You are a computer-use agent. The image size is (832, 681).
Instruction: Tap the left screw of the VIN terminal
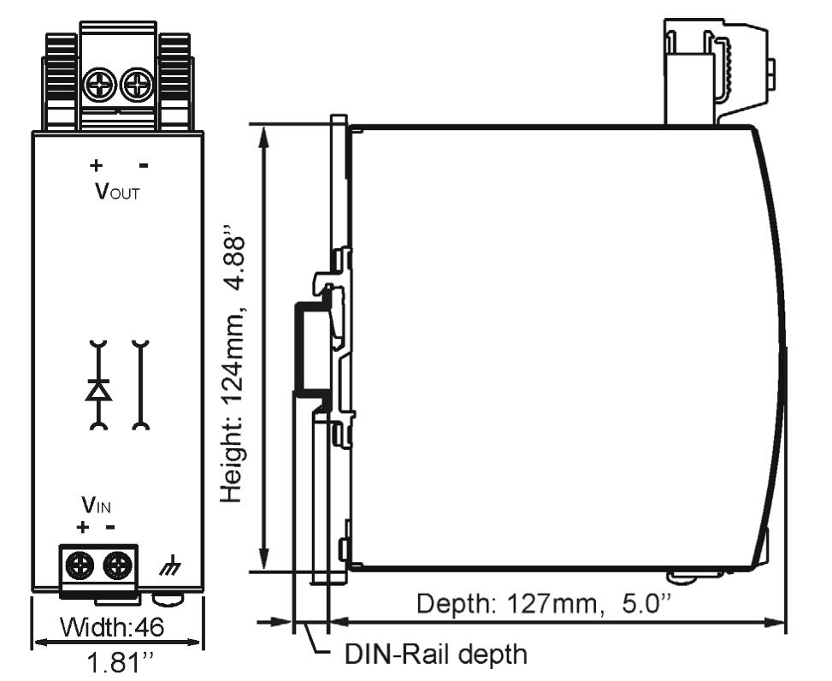tap(81, 565)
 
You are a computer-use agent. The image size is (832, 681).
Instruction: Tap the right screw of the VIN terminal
tap(118, 565)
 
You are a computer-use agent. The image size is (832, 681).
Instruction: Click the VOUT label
tap(117, 190)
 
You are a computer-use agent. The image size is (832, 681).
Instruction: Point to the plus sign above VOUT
tap(96, 164)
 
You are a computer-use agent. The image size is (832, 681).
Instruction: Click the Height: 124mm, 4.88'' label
tap(236, 364)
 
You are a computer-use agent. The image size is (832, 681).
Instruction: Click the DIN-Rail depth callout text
tap(436, 655)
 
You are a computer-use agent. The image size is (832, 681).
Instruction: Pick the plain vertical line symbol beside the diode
tap(139, 385)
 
